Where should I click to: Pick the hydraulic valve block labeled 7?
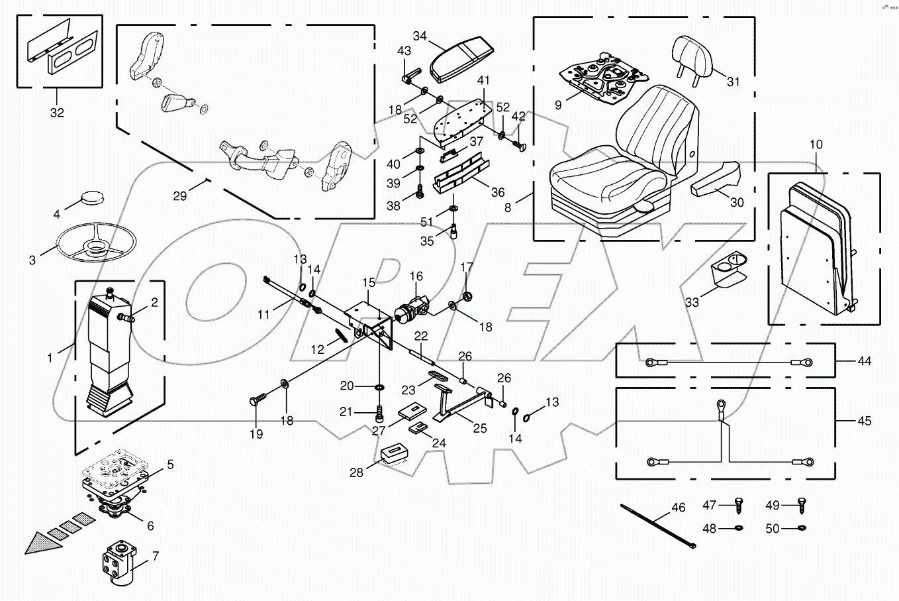(x=120, y=561)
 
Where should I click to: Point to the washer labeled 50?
(x=802, y=528)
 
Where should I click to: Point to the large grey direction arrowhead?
(x=41, y=542)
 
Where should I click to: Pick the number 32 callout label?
(x=57, y=113)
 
